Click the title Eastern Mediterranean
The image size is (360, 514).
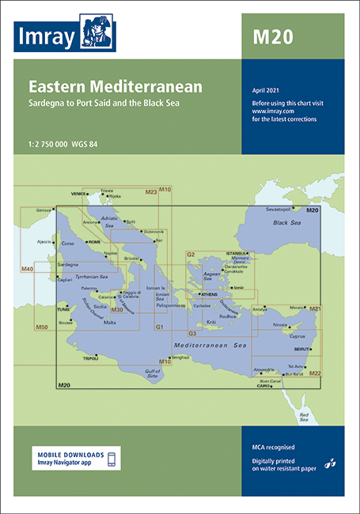tap(116, 87)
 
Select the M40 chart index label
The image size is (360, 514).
tap(28, 270)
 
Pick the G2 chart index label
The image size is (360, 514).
tap(191, 255)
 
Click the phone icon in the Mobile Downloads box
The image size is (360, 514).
tap(112, 459)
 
